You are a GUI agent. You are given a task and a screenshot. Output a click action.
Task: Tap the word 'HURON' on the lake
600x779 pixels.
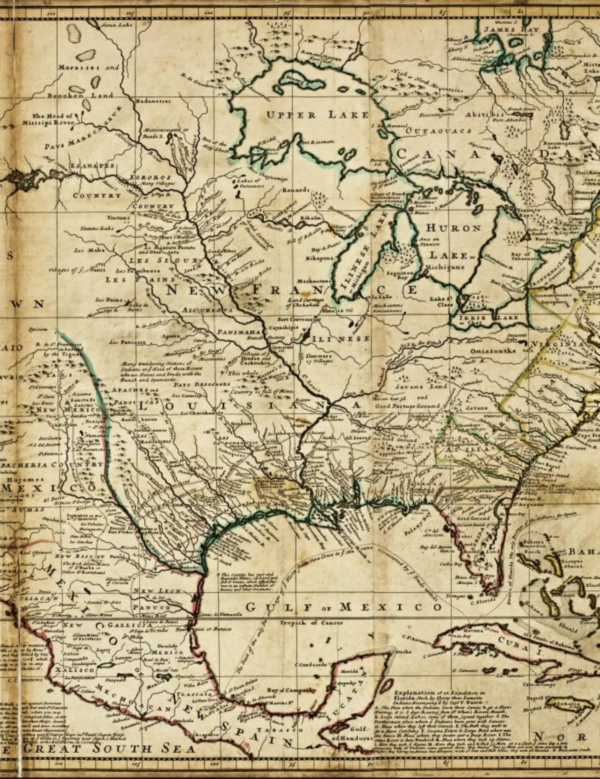(x=454, y=228)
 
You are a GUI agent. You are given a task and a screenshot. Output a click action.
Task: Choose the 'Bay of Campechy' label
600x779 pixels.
(x=292, y=690)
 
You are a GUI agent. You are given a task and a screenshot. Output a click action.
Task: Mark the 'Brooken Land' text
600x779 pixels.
(x=80, y=95)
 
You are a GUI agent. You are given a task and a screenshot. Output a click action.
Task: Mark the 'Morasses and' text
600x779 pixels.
(x=88, y=67)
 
